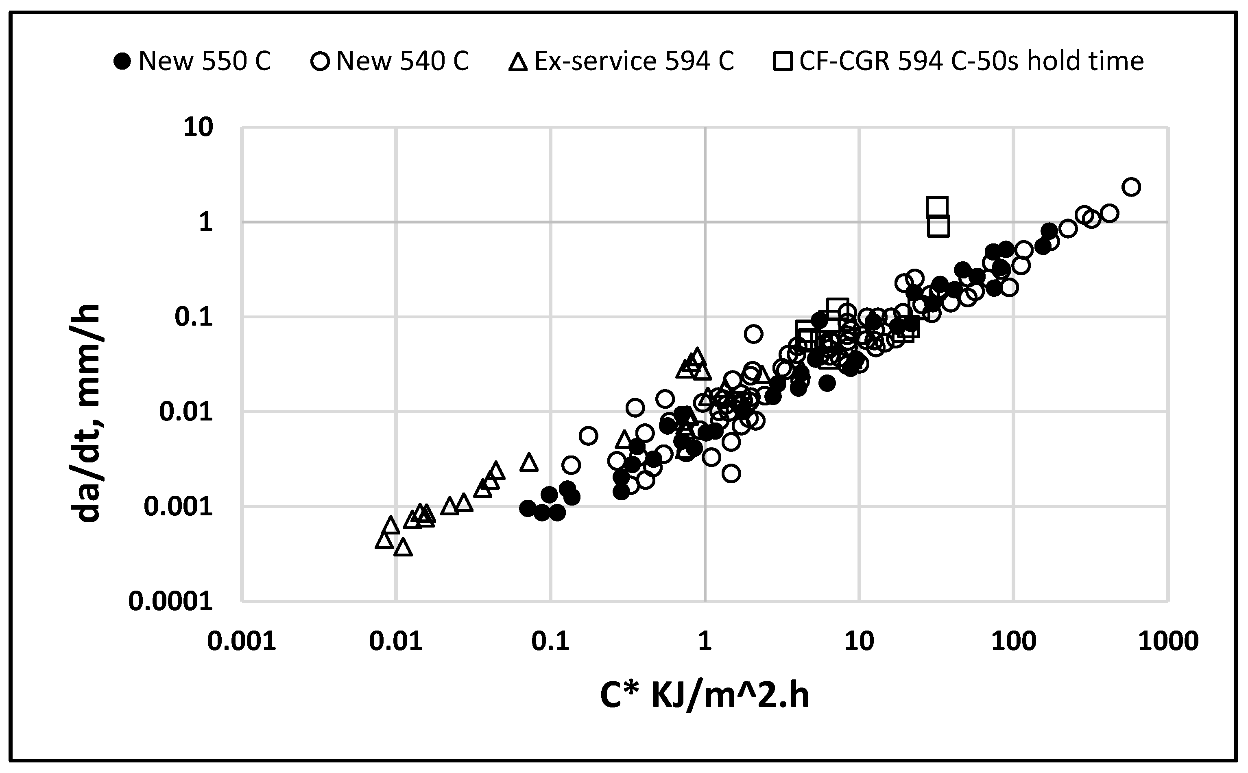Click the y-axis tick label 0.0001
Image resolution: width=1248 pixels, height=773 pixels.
170,601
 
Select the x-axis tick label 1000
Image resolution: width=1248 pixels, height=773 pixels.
1168,641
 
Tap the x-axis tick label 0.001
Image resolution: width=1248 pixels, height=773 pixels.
242,641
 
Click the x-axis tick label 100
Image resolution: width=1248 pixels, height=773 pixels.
1014,641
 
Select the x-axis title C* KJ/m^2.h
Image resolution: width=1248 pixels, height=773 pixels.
705,696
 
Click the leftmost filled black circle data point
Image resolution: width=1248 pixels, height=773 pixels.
527,508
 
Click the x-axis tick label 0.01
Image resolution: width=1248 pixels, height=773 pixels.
396,641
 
